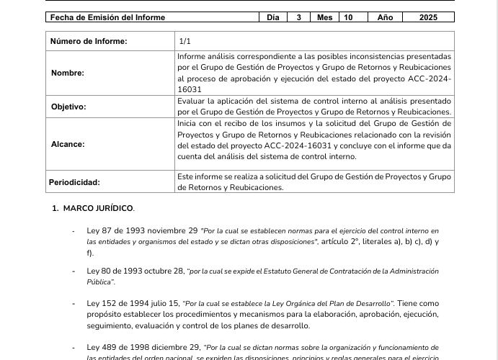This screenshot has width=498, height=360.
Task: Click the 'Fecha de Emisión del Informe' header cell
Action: click(x=107, y=17)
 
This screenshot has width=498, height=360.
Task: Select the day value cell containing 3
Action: click(x=298, y=17)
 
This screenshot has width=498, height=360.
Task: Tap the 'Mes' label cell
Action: click(x=325, y=17)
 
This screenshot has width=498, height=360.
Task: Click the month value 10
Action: click(x=349, y=17)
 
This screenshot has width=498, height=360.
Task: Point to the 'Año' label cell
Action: click(x=386, y=17)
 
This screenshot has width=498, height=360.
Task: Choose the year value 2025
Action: click(x=428, y=17)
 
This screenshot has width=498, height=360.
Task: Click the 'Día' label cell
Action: click(x=272, y=17)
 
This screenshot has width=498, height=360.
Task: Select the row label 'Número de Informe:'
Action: click(x=89, y=41)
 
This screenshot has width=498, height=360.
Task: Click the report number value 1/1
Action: click(x=185, y=41)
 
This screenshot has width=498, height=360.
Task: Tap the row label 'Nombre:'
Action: click(x=68, y=73)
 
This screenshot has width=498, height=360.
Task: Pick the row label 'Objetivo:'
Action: click(x=68, y=107)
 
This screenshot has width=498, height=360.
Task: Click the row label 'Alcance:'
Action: click(x=67, y=144)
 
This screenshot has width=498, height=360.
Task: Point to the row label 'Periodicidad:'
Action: click(x=74, y=182)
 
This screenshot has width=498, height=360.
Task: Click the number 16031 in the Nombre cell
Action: click(x=190, y=89)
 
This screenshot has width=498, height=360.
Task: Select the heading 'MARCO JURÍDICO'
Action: click(x=98, y=209)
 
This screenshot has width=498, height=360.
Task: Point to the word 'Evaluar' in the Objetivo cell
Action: click(x=192, y=102)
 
